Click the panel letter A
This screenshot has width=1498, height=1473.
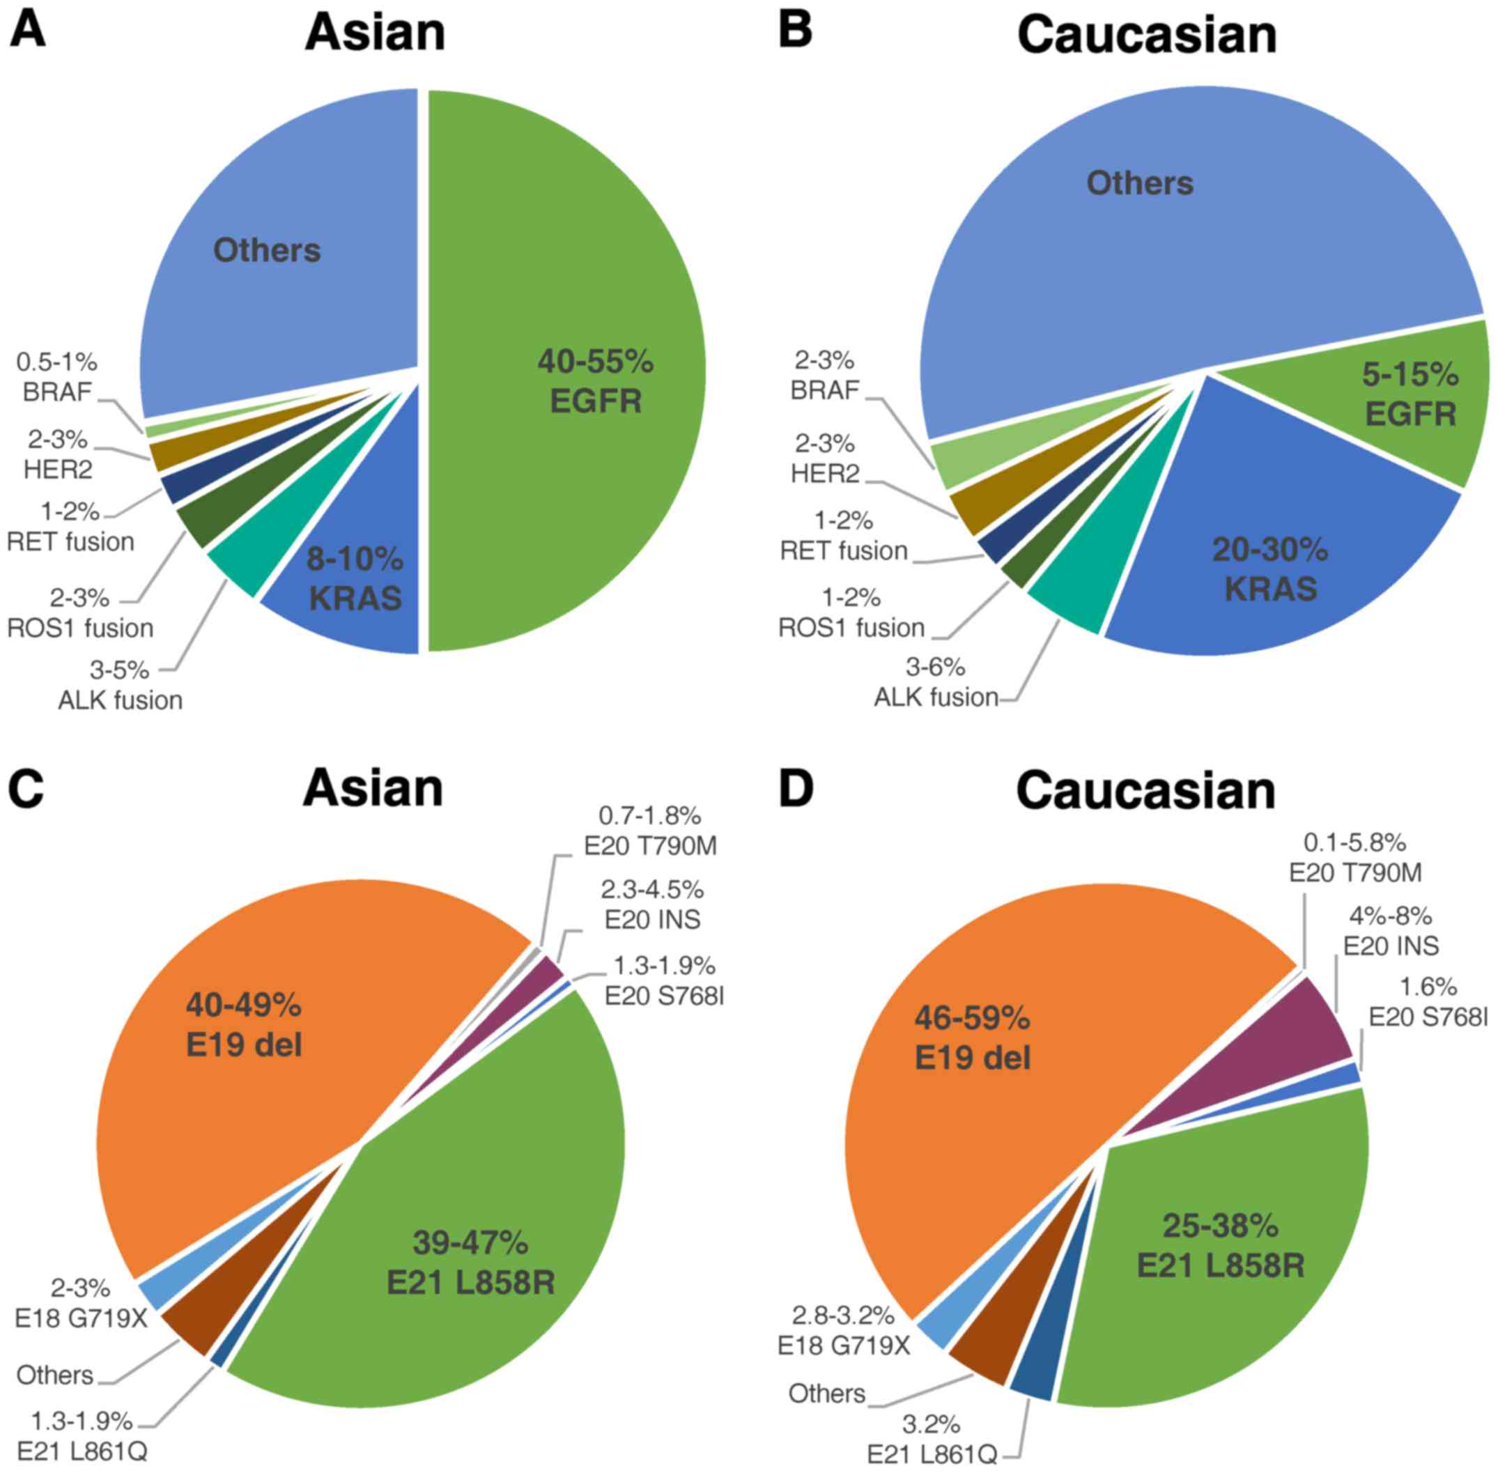tap(26, 30)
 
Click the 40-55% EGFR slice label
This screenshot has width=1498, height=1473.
tap(595, 380)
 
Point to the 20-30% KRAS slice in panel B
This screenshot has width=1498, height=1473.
tap(1269, 569)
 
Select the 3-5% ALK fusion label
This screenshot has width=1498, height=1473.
tap(120, 685)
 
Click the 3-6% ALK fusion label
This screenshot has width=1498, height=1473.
tap(936, 682)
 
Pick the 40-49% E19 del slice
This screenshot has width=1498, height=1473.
tap(243, 1024)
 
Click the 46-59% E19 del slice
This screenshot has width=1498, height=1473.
tap(972, 1038)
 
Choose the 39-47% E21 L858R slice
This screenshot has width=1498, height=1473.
tap(470, 1263)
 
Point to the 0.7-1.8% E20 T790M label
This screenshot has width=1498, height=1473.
tap(650, 830)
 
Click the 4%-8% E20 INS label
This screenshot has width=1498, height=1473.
tap(1391, 930)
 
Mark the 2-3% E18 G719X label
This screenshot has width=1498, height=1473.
tap(80, 1303)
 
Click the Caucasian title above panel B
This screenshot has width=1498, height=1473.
tap(1147, 36)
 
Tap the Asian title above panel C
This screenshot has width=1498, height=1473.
tap(373, 788)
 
